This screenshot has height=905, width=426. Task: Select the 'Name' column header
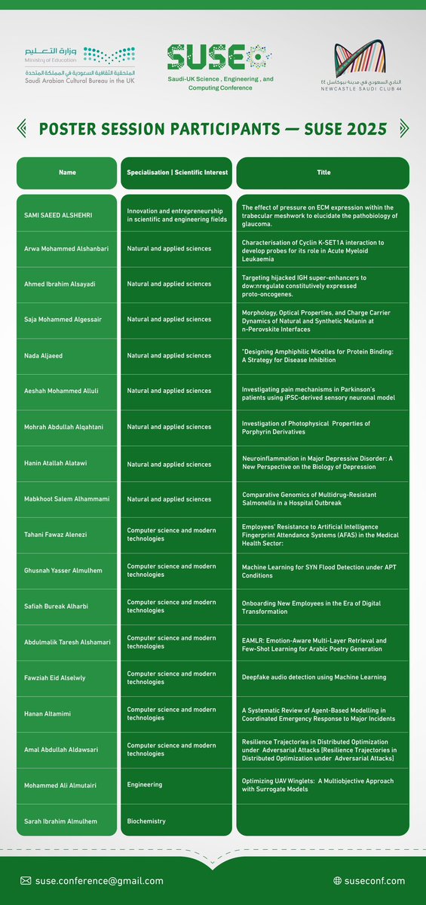tap(67, 173)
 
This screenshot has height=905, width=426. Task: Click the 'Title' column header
tap(323, 173)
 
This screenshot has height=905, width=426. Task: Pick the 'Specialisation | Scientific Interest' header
tap(176, 173)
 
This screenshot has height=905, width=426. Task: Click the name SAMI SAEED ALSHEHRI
tap(63, 215)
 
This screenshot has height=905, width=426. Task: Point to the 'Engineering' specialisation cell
tap(145, 784)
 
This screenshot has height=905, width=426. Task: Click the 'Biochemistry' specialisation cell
tap(146, 821)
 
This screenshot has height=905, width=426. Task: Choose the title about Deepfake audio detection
tap(314, 677)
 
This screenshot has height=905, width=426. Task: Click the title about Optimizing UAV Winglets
tap(317, 785)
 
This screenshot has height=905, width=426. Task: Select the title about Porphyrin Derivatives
tap(305, 428)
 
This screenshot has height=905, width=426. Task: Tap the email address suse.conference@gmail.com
tap(99, 881)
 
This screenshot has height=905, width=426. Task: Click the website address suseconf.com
tap(375, 881)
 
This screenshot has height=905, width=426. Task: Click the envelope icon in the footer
tap(26, 881)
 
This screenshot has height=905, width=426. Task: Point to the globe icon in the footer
tap(338, 881)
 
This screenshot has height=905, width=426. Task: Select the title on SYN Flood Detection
tap(311, 571)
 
